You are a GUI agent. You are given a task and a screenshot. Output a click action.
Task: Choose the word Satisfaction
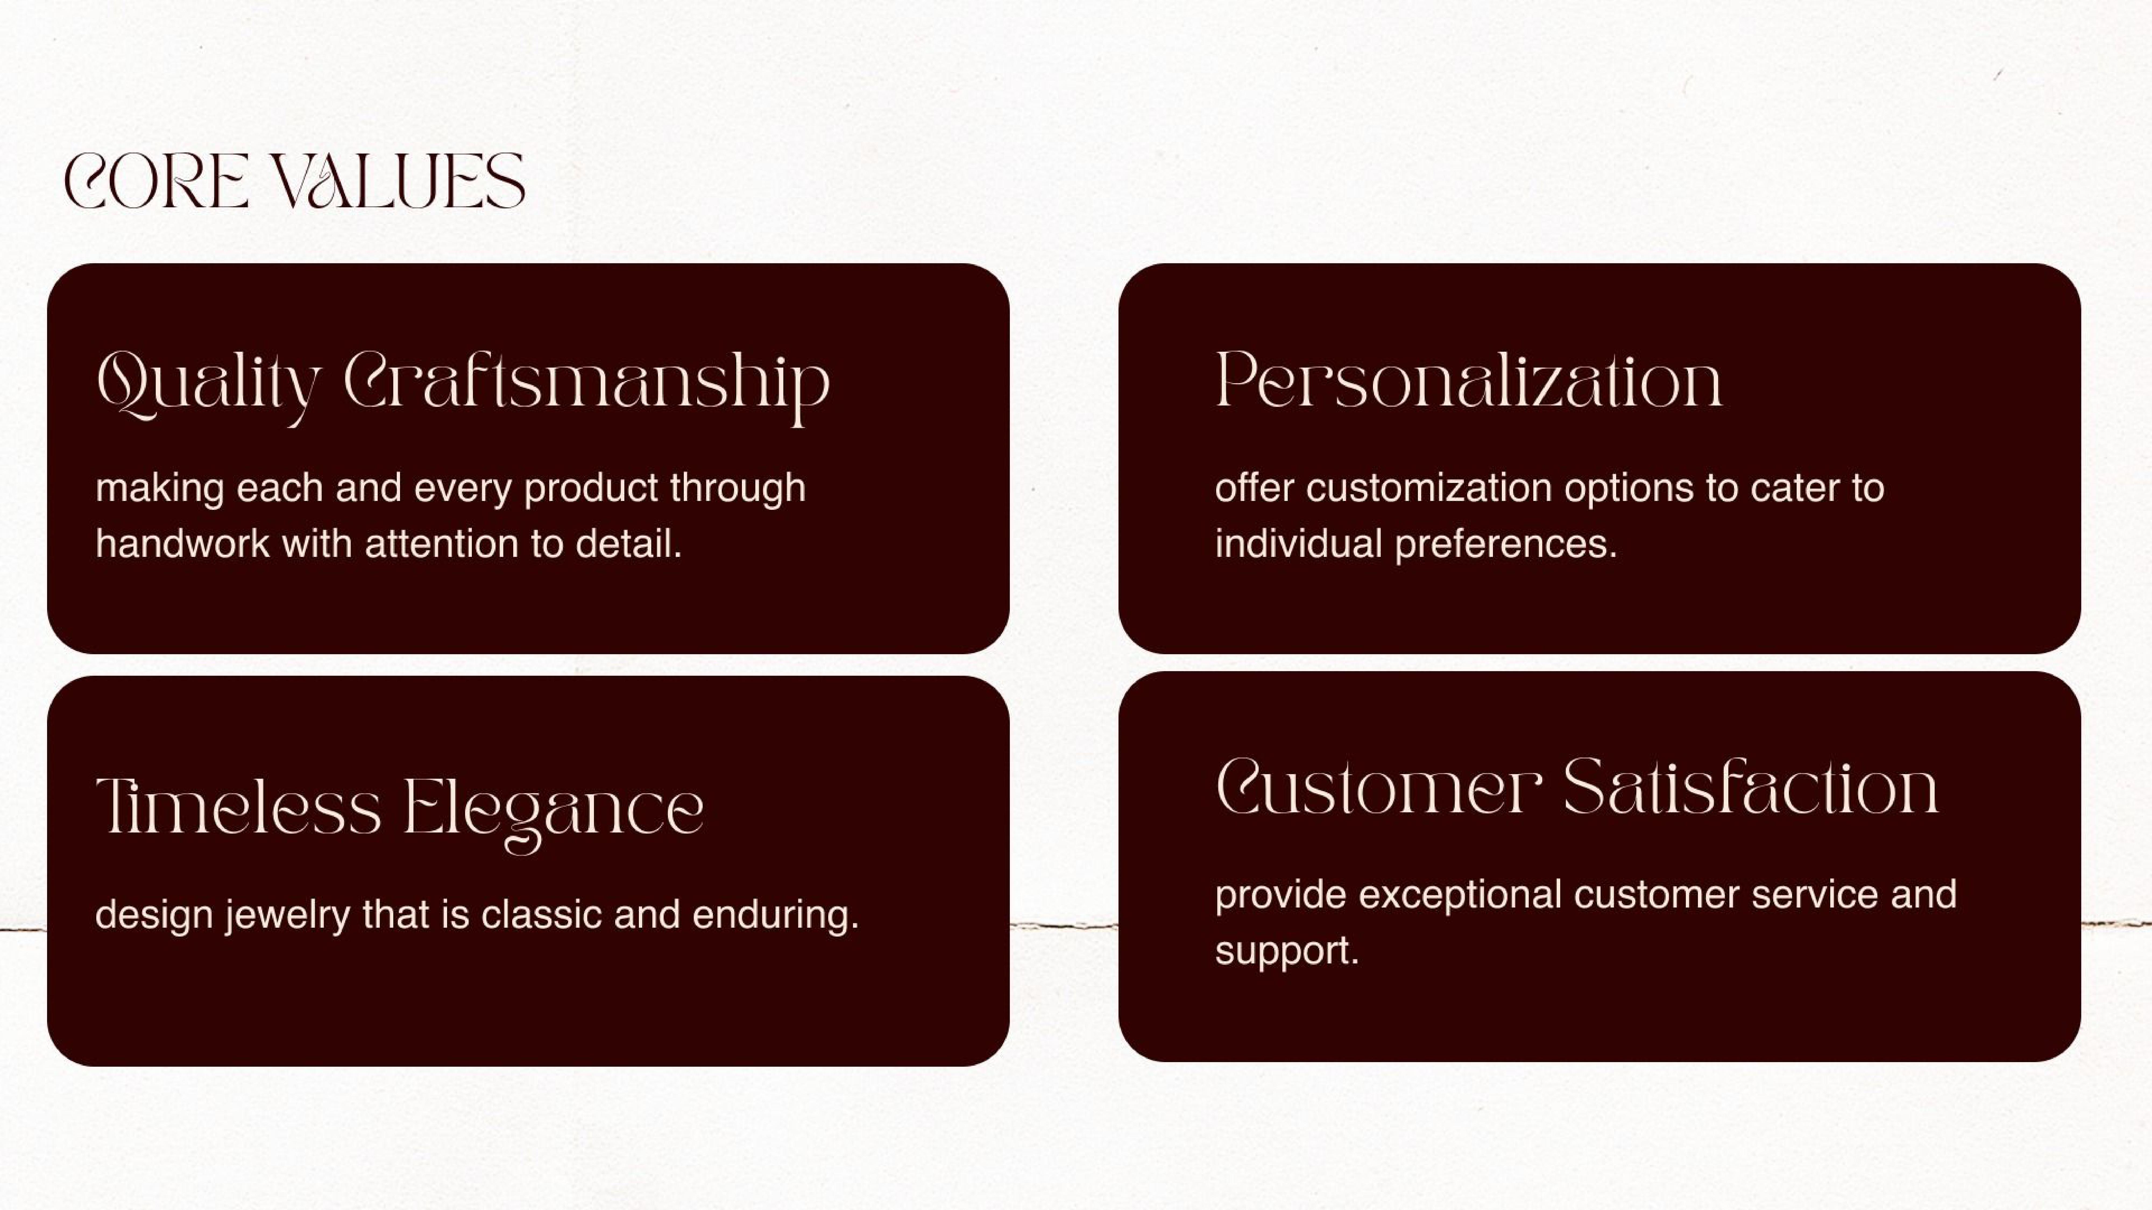coord(1750,788)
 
